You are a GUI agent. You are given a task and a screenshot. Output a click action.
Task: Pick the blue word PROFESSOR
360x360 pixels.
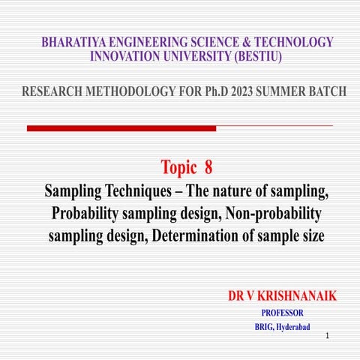(x=282, y=312)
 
